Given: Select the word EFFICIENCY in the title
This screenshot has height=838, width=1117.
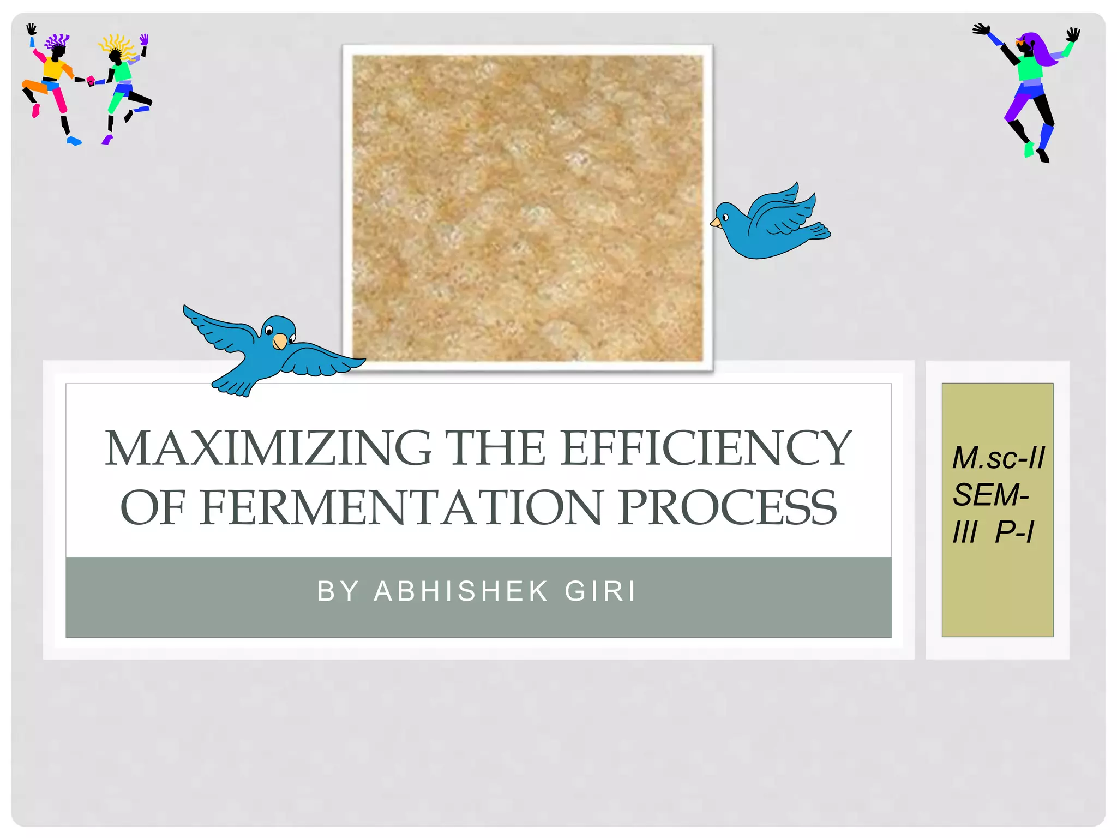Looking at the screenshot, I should pos(706,448).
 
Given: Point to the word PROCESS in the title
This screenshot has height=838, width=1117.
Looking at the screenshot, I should pos(727,508).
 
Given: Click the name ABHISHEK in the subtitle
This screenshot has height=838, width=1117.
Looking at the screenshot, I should pos(461,591).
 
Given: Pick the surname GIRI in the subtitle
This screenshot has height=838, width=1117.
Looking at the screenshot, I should pos(600,591).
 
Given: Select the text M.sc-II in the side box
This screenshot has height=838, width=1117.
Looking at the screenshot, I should pos(998,458).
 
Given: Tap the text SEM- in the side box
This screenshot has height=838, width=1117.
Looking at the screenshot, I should pos(990,495).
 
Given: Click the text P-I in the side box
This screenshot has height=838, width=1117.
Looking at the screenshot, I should pos(1014,532).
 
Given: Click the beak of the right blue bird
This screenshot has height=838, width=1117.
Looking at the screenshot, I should pos(715,222).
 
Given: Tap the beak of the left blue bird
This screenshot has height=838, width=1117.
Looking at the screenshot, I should pos(280,342).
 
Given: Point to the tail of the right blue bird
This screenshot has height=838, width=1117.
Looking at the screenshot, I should pos(818,231).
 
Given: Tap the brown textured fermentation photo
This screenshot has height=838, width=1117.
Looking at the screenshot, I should pos(527,208).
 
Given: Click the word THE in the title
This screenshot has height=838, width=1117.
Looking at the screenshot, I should pos(495,448).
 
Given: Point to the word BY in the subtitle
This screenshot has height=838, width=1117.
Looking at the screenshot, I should pos(338,591).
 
